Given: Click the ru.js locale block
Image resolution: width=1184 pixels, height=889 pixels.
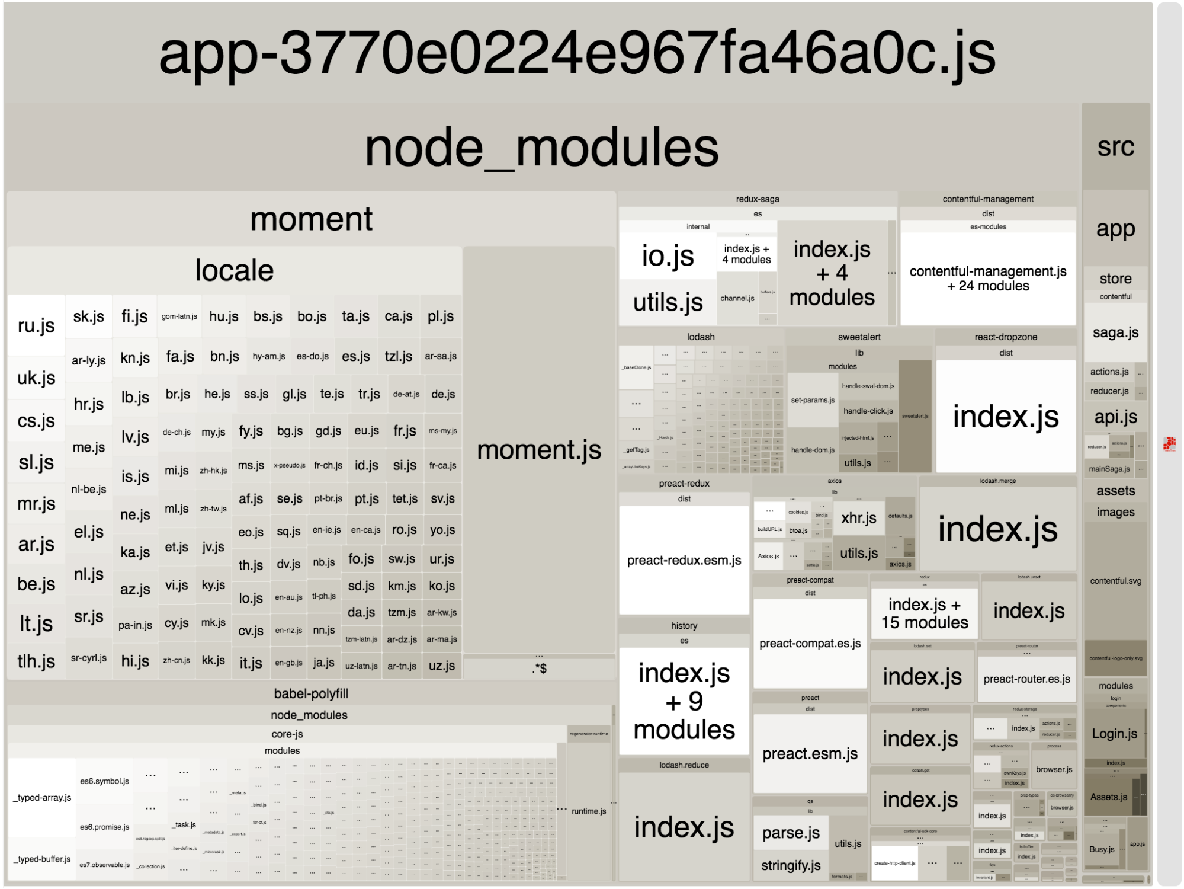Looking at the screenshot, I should (x=36, y=325).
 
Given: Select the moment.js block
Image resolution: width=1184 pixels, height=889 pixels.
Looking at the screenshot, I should (x=539, y=450).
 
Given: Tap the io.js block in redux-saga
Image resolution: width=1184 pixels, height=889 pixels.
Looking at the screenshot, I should (x=668, y=256).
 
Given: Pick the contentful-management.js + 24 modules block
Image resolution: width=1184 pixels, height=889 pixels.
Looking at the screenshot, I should (x=988, y=279).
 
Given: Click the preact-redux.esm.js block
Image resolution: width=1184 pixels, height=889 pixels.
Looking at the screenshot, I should (x=684, y=560).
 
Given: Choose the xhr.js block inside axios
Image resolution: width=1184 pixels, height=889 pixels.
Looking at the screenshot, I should (x=859, y=518).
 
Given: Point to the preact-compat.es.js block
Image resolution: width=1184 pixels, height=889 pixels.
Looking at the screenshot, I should (x=810, y=643).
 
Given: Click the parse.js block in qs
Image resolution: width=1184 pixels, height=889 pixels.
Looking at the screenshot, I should (x=791, y=833).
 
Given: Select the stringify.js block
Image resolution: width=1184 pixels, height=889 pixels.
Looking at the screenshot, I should (x=791, y=865).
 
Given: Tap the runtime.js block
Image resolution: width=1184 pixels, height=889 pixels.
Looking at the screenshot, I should (x=589, y=811).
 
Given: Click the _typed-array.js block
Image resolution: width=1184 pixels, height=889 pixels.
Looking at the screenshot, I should (x=42, y=797).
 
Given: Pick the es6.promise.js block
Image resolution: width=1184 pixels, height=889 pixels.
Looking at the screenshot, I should (x=105, y=827).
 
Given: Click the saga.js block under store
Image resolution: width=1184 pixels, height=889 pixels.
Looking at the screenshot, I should (x=1115, y=332).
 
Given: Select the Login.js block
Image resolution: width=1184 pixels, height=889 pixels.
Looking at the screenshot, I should (x=1114, y=734).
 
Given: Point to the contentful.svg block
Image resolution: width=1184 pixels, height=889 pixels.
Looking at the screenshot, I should (x=1115, y=581).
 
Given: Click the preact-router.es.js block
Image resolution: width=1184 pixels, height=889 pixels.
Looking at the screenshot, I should (x=1026, y=679).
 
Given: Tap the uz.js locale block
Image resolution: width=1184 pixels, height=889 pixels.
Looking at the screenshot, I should (x=442, y=666).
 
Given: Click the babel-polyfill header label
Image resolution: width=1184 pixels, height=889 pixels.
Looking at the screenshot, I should (x=311, y=693).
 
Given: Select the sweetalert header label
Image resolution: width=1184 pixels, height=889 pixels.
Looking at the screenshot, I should (x=859, y=337).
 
